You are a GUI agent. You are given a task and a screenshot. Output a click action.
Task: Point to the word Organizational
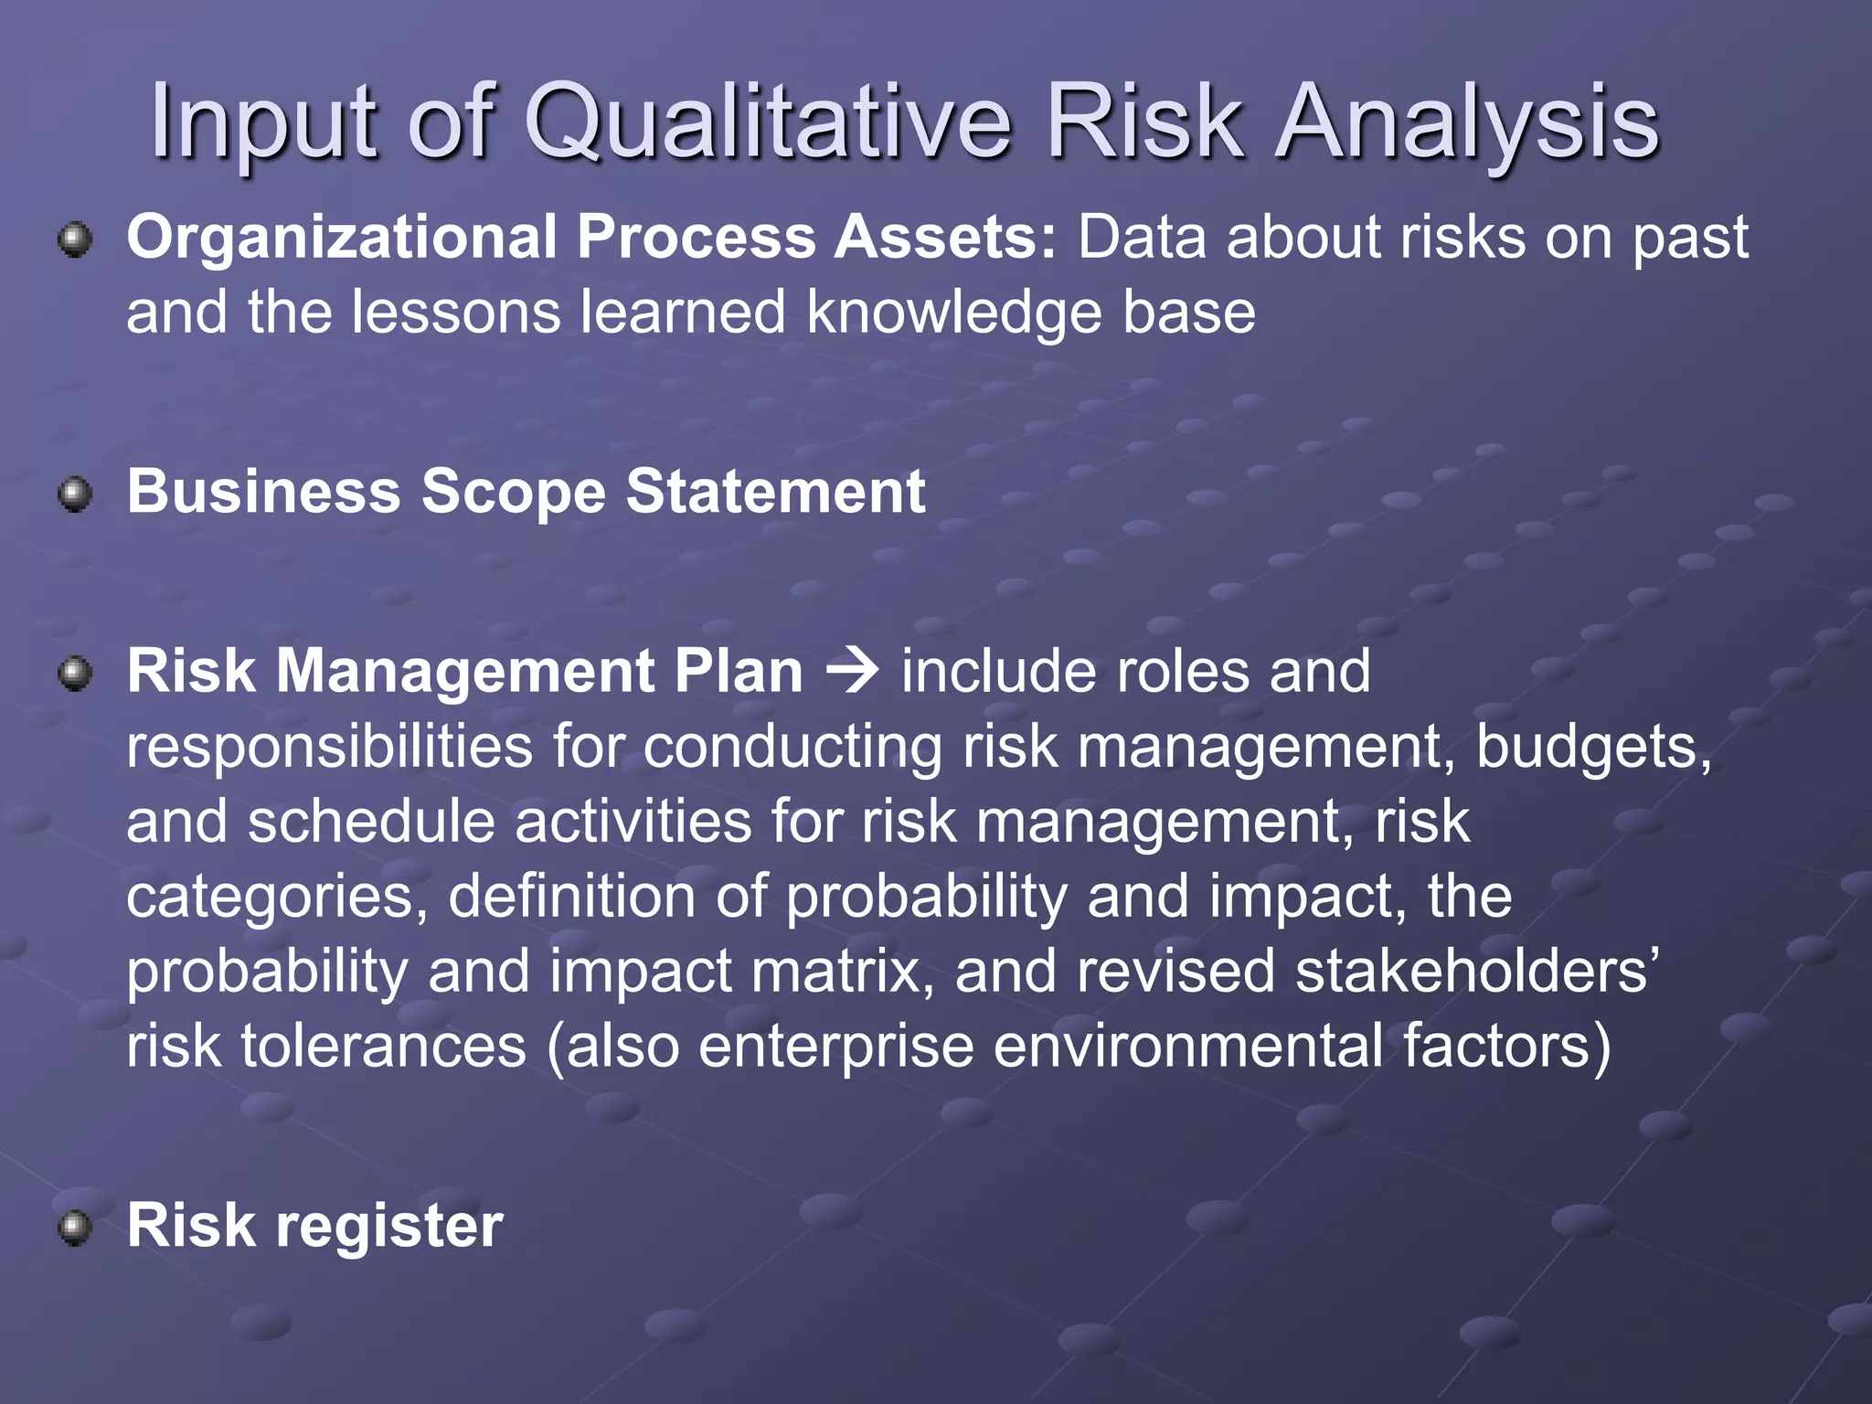pyautogui.click(x=341, y=238)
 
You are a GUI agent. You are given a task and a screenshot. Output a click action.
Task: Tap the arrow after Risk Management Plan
pyautogui.click(x=852, y=672)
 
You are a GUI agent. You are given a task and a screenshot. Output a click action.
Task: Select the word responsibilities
pyautogui.click(x=329, y=748)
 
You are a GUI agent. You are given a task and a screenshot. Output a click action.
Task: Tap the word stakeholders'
pyautogui.click(x=1475, y=971)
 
